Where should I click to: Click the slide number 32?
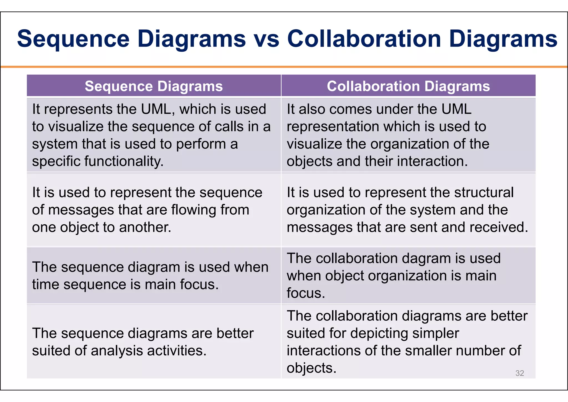[x=519, y=373]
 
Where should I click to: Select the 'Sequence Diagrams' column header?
[x=154, y=86]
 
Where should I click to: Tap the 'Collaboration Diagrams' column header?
[x=408, y=86]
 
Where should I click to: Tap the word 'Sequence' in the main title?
[x=73, y=39]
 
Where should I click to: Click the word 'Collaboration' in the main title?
[x=364, y=39]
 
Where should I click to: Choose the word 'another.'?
[x=145, y=227]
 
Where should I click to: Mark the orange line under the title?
[x=284, y=67]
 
